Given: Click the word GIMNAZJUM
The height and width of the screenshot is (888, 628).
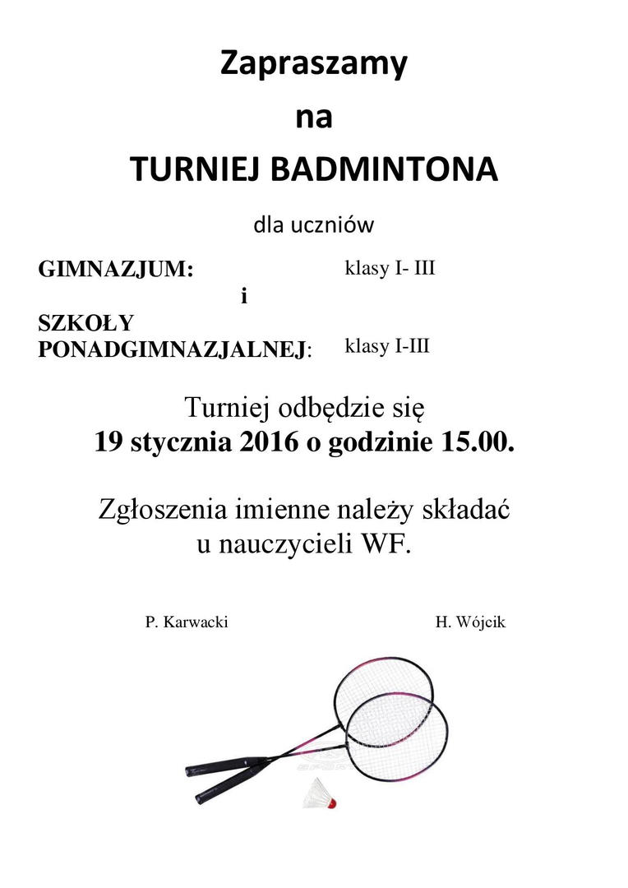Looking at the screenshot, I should [x=114, y=270].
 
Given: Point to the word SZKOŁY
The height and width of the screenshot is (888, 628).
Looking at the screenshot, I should [x=85, y=323].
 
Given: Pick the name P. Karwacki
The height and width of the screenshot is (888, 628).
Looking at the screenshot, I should [x=187, y=622].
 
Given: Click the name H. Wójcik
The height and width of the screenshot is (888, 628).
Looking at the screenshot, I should [x=470, y=622].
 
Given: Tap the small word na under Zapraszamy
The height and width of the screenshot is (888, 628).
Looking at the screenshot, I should [x=313, y=117].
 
